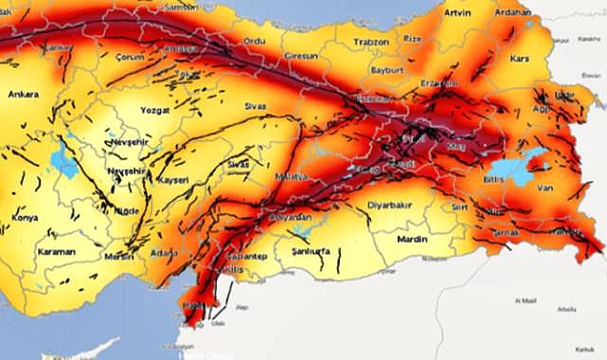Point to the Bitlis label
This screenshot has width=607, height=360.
pos(494,177)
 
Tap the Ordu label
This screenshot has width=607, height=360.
pos(256,41)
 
